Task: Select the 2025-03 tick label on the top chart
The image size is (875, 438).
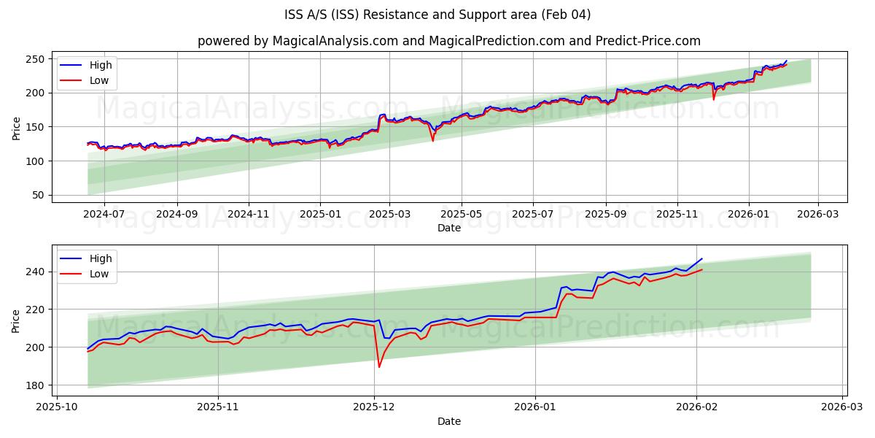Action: point(389,214)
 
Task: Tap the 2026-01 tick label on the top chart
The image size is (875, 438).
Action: point(749,214)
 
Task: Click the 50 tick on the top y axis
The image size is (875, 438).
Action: point(38,195)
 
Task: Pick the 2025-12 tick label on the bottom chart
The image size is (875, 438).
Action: point(374,407)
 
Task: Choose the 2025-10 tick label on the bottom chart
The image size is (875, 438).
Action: point(57,407)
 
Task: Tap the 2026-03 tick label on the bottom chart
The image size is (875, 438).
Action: point(843,407)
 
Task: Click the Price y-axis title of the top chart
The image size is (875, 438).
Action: point(16,128)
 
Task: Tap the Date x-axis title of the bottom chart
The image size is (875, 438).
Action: point(449,421)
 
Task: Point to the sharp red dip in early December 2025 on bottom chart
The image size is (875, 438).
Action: point(379,366)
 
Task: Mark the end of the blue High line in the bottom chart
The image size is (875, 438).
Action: point(701,258)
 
